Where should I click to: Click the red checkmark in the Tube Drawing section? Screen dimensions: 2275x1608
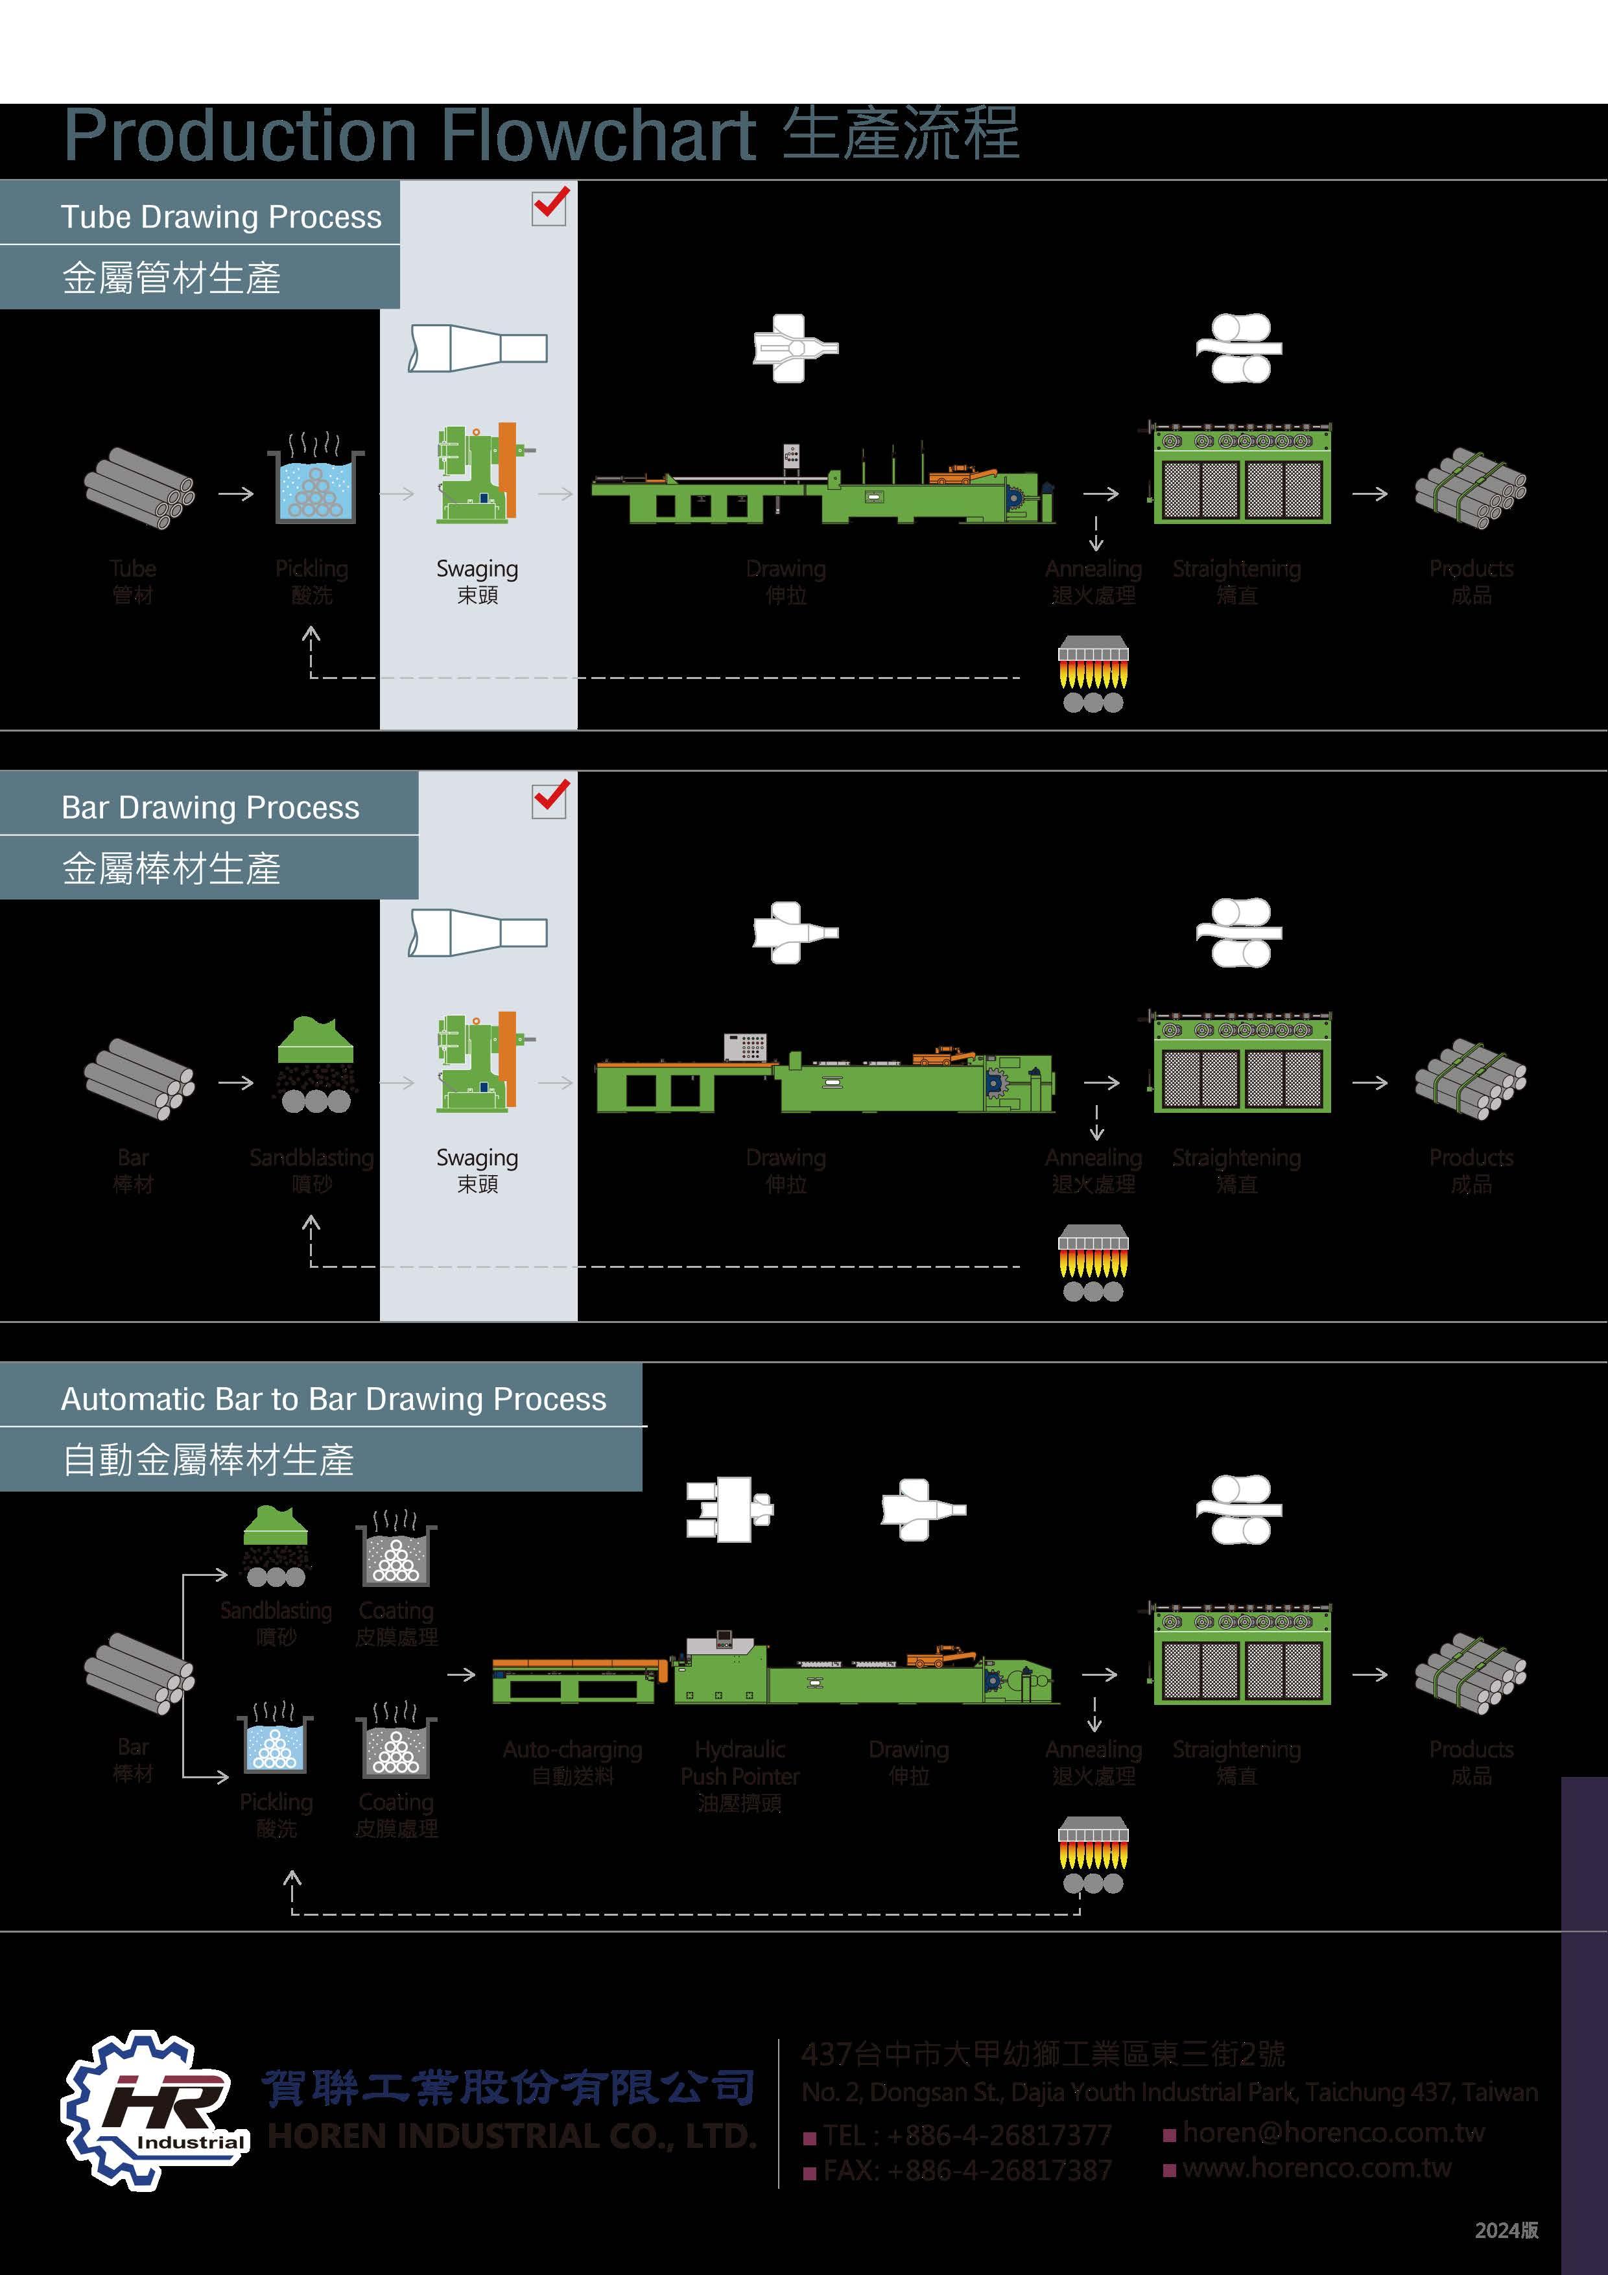550,205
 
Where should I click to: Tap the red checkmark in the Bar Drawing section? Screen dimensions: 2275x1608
550,798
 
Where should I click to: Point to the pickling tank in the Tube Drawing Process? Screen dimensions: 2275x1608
315,486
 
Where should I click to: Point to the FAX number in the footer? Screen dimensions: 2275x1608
967,2171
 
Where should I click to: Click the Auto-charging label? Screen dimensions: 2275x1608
572,1750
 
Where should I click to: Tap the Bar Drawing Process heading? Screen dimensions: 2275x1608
210,807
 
